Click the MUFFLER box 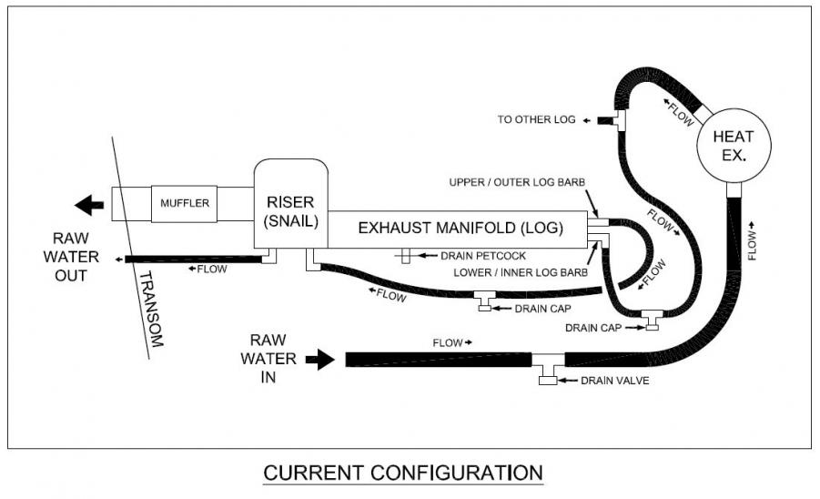point(186,202)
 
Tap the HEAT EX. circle point(734,146)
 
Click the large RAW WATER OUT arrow point(89,205)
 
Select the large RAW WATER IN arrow point(319,361)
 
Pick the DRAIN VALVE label point(615,381)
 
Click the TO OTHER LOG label point(536,120)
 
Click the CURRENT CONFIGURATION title point(403,474)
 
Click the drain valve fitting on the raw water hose point(548,376)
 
